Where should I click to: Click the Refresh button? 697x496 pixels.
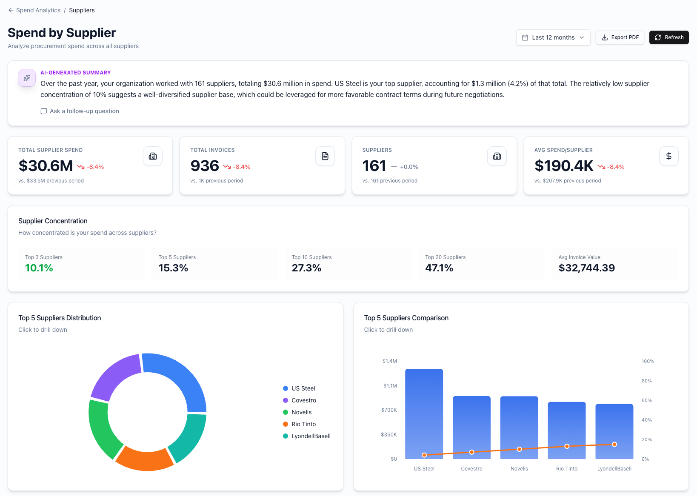(x=669, y=37)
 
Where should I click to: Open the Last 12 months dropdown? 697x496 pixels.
(x=553, y=37)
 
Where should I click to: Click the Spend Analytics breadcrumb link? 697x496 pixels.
(x=38, y=10)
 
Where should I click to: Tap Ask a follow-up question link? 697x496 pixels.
(x=84, y=111)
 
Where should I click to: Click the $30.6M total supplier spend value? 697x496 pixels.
(x=46, y=166)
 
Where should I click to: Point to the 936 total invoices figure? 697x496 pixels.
(x=205, y=166)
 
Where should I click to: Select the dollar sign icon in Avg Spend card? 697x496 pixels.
(x=668, y=156)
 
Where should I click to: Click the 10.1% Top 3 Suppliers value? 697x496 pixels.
(x=39, y=268)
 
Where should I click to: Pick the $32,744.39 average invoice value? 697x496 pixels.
(x=586, y=268)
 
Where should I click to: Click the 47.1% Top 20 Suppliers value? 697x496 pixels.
(x=439, y=268)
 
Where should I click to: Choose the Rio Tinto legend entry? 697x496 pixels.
(x=303, y=424)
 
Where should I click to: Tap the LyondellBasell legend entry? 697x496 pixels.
(x=311, y=436)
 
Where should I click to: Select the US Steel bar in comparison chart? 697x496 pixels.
(x=424, y=413)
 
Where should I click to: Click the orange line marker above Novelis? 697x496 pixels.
(x=519, y=449)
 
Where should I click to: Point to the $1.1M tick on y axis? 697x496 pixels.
(x=390, y=386)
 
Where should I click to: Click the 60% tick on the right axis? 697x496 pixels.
(x=646, y=400)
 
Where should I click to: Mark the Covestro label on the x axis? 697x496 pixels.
(x=471, y=469)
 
